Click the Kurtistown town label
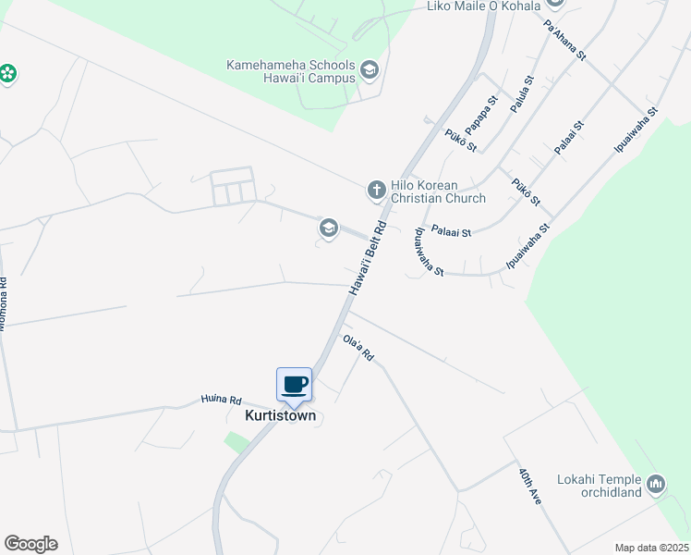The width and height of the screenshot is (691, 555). (280, 416)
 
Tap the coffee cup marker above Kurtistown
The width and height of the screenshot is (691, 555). (294, 385)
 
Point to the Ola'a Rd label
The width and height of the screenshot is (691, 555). (357, 349)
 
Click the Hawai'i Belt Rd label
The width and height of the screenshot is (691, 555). (367, 259)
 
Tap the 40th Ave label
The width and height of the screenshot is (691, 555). (529, 486)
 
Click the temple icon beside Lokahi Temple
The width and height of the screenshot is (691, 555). (656, 484)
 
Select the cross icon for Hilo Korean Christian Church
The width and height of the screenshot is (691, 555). (376, 191)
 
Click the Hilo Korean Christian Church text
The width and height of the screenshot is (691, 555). (438, 192)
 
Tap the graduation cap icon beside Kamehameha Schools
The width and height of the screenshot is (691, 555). (370, 71)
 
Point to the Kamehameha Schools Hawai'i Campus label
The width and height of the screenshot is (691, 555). (292, 71)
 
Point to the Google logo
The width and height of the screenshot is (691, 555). (30, 544)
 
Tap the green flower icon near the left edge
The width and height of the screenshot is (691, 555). (8, 73)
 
